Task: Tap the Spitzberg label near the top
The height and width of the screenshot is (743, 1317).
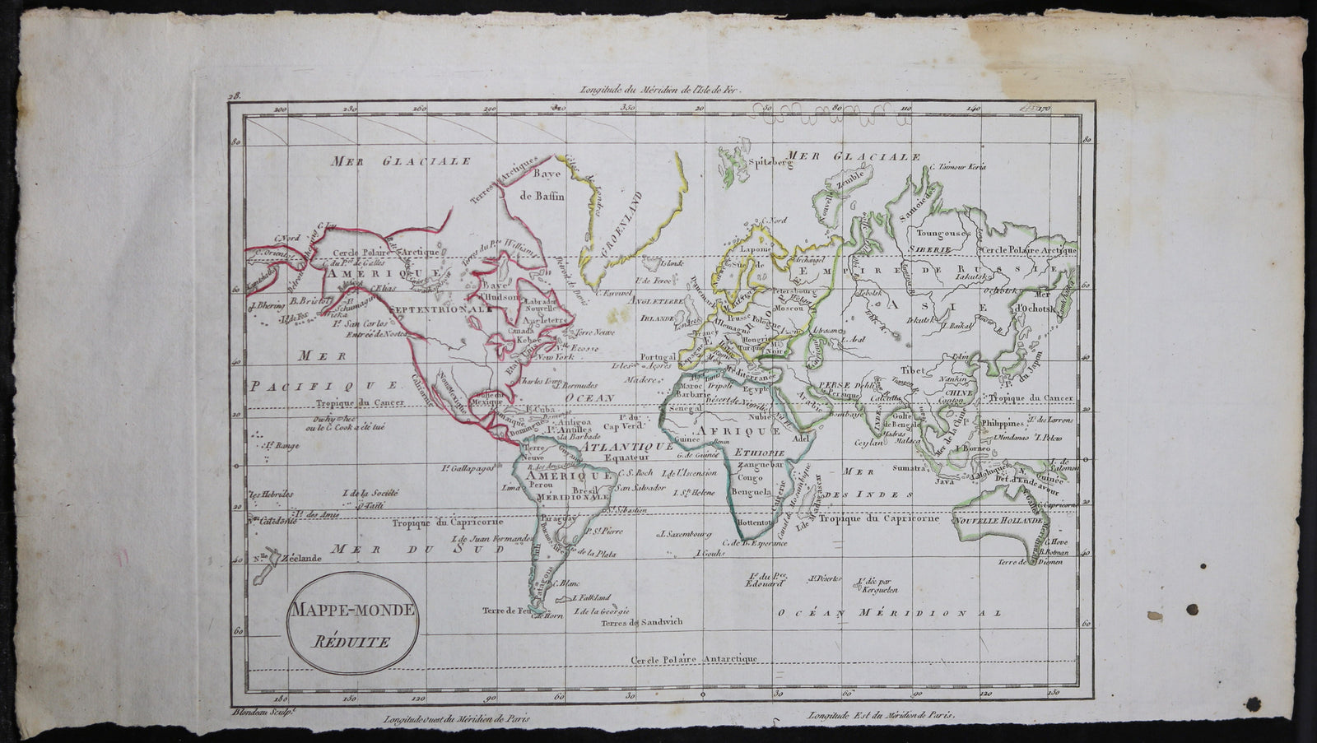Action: click(763, 163)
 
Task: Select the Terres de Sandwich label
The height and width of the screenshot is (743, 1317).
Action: click(641, 623)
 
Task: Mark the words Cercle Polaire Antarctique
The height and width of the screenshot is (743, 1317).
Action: click(694, 659)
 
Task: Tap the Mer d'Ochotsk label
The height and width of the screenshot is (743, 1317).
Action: click(1037, 302)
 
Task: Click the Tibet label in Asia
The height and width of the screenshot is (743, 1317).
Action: click(913, 369)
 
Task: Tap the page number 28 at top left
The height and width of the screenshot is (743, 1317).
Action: click(235, 96)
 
